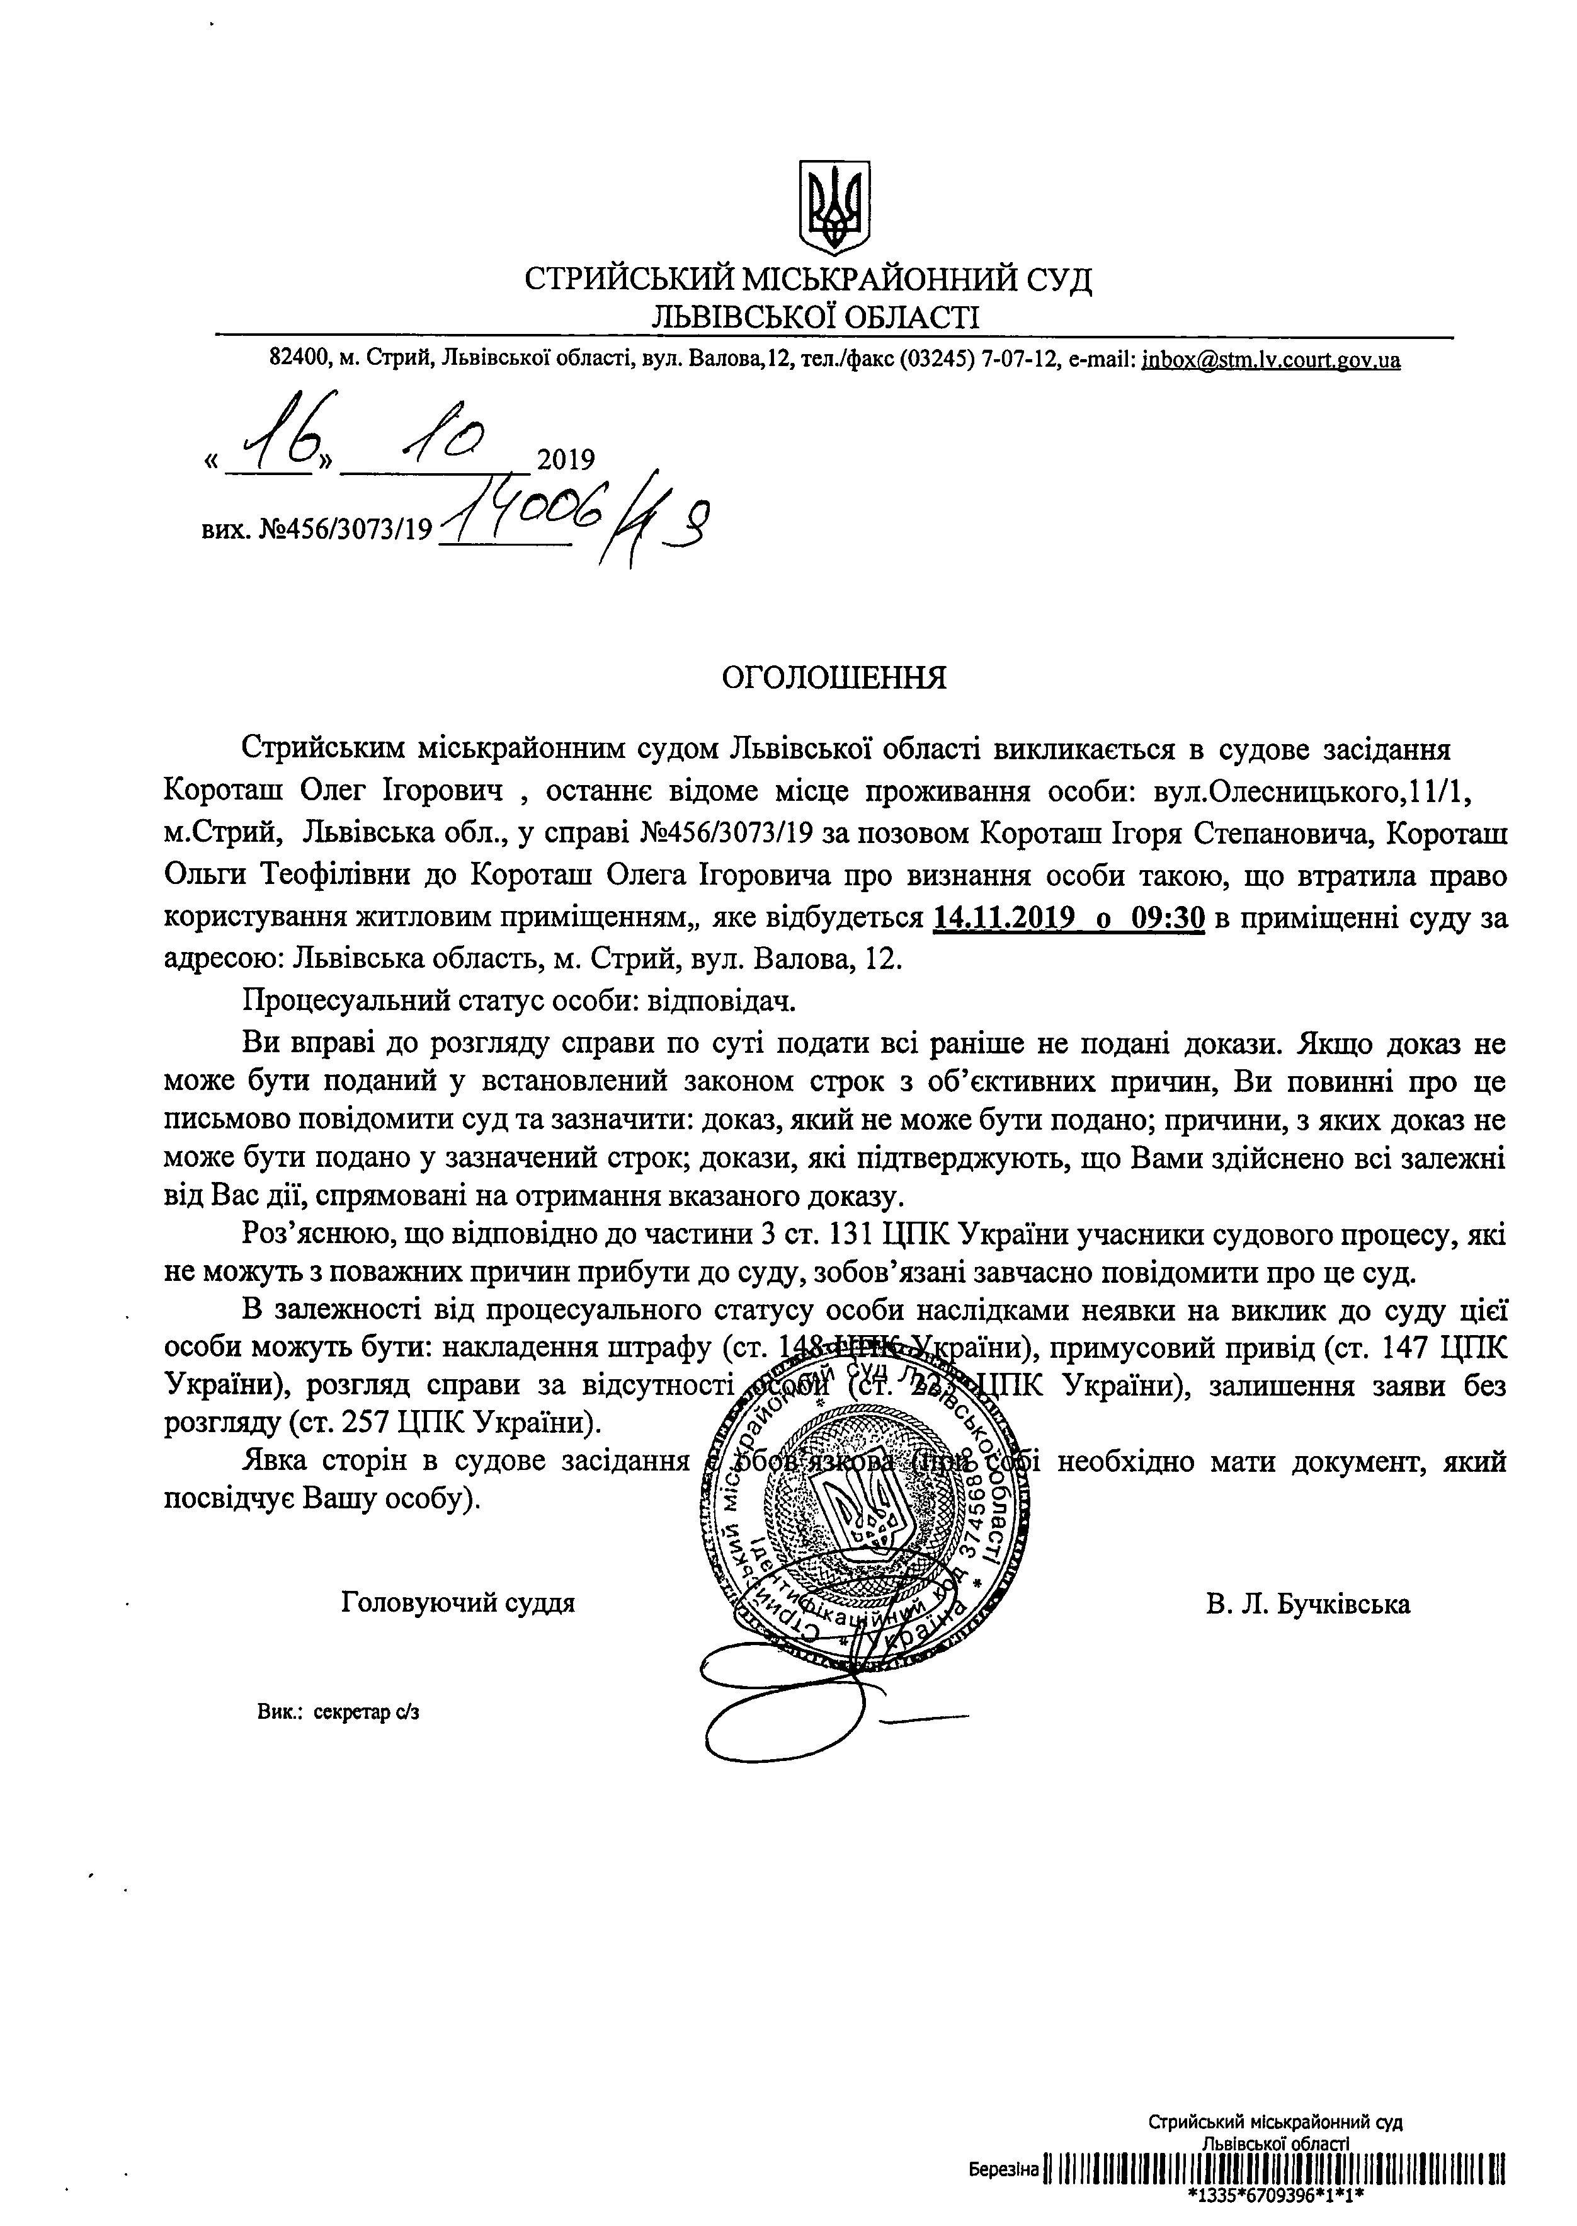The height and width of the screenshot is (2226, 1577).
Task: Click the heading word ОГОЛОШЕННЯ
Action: click(x=834, y=677)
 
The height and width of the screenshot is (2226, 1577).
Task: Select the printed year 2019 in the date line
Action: click(x=565, y=459)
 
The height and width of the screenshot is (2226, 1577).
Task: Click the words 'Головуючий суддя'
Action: click(x=458, y=1602)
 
